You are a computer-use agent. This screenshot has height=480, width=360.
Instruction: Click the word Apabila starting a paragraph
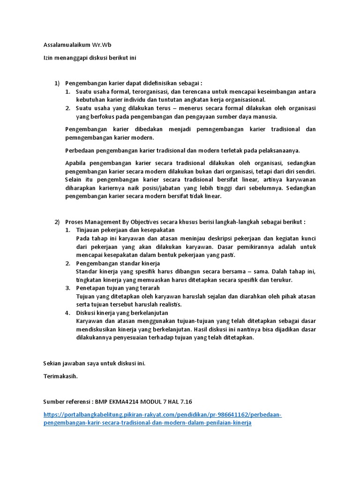(75, 163)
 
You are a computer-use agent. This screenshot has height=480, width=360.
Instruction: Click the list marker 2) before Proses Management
(57, 222)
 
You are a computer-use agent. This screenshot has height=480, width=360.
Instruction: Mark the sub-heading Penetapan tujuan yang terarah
(118, 288)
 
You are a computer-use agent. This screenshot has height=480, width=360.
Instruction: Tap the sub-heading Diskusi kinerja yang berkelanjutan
(122, 313)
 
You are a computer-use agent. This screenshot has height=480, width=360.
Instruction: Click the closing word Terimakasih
(60, 376)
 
